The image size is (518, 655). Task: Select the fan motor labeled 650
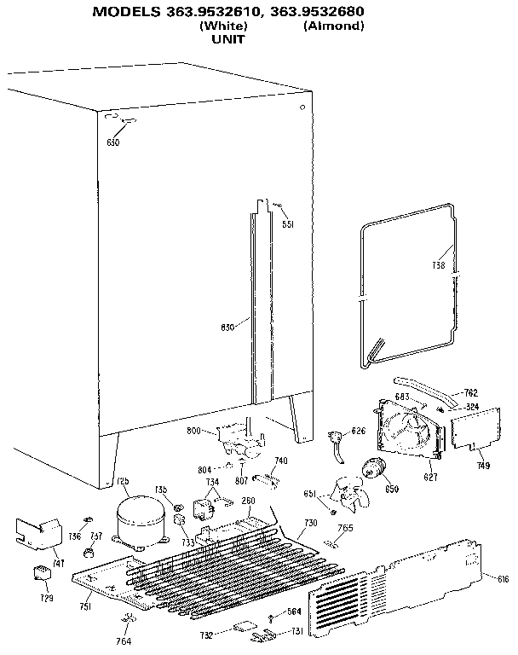coord(372,468)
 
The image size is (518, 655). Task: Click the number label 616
coord(503,579)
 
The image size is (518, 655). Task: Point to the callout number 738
coord(438,265)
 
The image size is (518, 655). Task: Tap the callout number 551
coord(288,224)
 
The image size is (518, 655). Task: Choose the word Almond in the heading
coord(333,26)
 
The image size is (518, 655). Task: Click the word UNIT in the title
coord(227,39)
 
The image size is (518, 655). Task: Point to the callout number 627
coord(430,477)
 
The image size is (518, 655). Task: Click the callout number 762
coord(470,393)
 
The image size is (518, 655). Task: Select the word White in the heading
coord(223,26)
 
